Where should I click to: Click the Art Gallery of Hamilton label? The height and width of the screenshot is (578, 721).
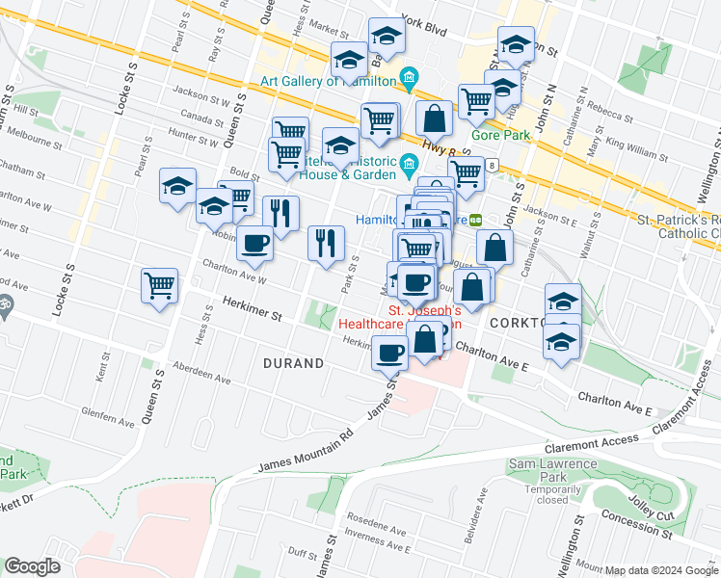pyautogui.click(x=327, y=81)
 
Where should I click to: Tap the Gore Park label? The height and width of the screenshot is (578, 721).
pyautogui.click(x=500, y=136)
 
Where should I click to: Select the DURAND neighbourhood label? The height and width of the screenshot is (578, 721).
pyautogui.click(x=294, y=363)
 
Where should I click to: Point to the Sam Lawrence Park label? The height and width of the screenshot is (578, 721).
pyautogui.click(x=550, y=473)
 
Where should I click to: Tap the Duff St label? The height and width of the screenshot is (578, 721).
pyautogui.click(x=302, y=554)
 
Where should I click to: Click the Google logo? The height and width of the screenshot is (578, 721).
pyautogui.click(x=33, y=566)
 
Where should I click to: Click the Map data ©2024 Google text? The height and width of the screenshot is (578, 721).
pyautogui.click(x=661, y=570)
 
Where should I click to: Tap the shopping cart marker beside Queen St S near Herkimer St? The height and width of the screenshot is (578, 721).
pyautogui.click(x=159, y=285)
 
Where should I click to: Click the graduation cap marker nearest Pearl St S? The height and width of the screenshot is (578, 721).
pyautogui.click(x=177, y=185)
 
